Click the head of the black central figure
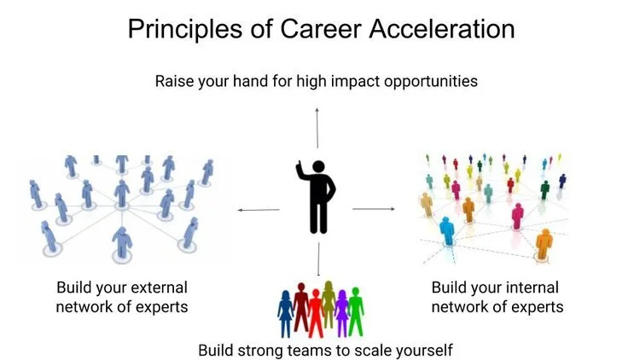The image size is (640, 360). [x=318, y=167]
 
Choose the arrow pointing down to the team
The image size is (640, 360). [x=317, y=260]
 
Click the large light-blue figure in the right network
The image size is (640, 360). [x=446, y=229]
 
